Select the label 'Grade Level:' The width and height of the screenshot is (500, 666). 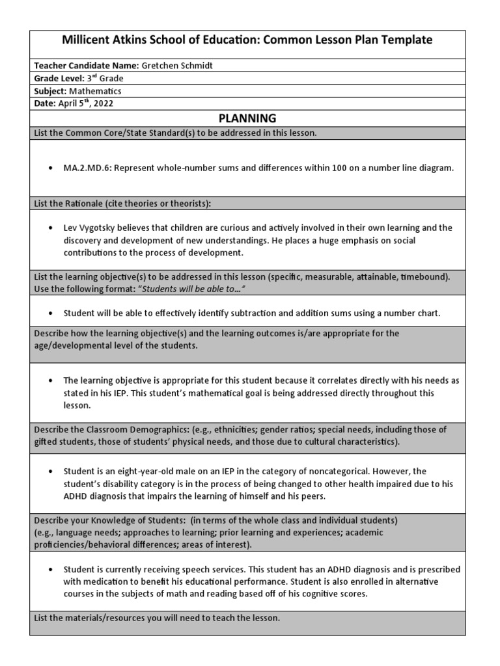coord(59,79)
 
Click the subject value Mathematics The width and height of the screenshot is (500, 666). coord(95,91)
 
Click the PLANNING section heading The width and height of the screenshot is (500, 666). coord(247,118)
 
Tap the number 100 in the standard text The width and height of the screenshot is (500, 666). coord(343,168)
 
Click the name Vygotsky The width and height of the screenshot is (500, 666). coord(99,228)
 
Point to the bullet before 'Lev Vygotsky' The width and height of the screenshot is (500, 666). coord(51,228)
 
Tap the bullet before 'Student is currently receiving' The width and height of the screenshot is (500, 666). coord(51,570)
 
